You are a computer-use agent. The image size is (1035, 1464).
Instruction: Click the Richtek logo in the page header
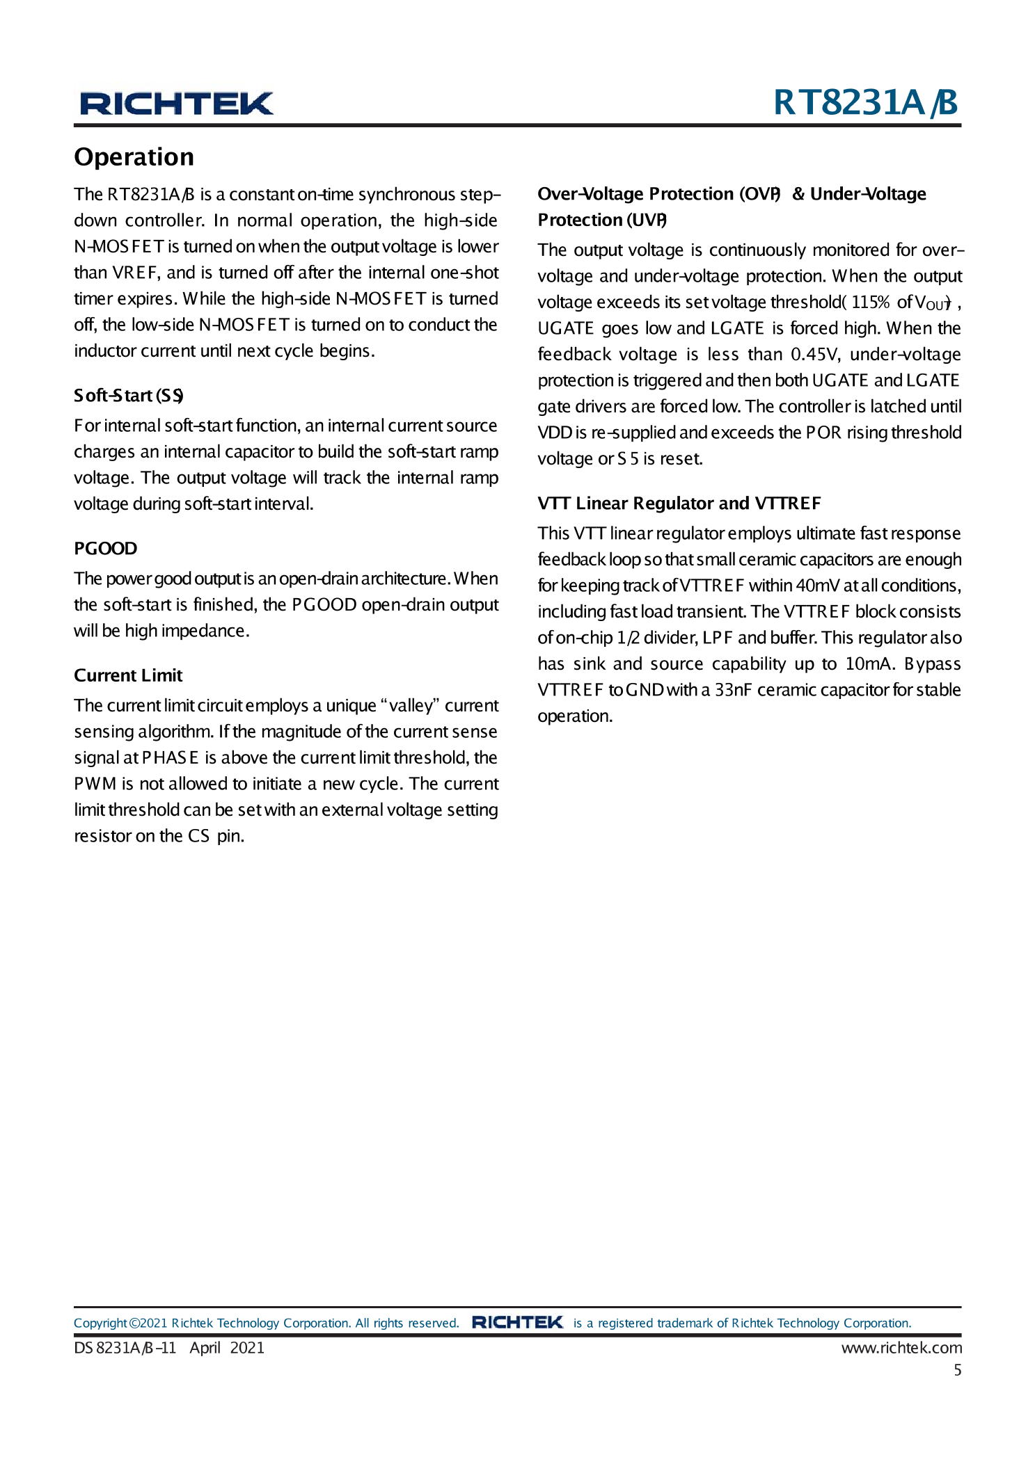(177, 103)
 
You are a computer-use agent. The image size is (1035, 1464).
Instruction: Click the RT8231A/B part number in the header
(865, 102)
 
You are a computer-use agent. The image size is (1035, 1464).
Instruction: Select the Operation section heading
(134, 157)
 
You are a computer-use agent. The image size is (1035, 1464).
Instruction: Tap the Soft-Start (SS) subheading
(129, 396)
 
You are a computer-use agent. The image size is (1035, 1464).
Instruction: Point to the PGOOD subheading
(106, 549)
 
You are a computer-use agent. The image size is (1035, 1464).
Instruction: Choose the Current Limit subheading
(128, 675)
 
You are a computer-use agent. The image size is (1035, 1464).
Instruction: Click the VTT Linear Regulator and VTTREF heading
(679, 504)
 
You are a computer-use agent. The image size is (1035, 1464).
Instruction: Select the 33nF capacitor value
(733, 690)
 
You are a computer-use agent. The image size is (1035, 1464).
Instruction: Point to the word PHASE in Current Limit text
(171, 758)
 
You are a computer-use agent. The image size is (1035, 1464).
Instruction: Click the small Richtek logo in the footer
(517, 1322)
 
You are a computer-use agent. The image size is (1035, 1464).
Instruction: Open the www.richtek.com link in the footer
(901, 1348)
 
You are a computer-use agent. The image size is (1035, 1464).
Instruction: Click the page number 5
(957, 1370)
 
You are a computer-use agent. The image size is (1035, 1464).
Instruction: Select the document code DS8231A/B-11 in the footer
(125, 1348)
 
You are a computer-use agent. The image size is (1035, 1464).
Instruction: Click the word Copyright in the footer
(100, 1323)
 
